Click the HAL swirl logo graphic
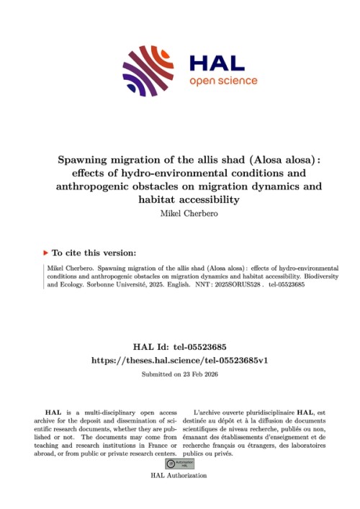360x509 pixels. [x=149, y=71]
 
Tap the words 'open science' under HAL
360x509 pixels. [x=218, y=81]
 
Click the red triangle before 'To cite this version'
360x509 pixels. [x=47, y=253]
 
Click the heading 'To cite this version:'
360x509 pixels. [x=94, y=253]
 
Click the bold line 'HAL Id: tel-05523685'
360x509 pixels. [x=179, y=346]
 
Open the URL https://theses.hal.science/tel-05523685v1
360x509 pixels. [x=179, y=360]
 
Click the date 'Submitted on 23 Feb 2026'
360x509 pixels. [x=179, y=374]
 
